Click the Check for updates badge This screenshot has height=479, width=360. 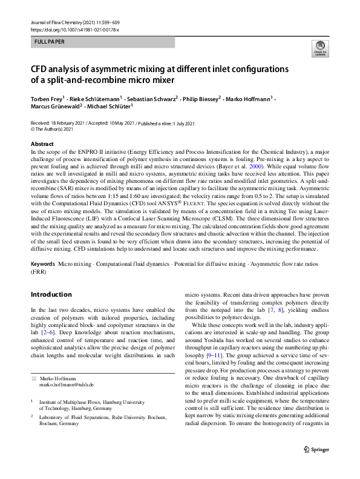point(318,48)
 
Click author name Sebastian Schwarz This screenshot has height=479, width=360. point(151,98)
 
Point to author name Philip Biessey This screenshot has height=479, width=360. point(203,98)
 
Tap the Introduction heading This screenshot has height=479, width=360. point(51,294)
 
